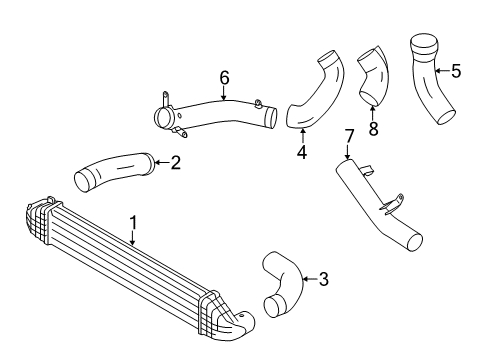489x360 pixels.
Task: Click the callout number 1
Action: [133, 222]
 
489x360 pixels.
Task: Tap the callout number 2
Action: [176, 162]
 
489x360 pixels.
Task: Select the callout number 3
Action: [323, 279]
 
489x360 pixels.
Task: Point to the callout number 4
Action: [302, 152]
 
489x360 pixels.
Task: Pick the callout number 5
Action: [456, 71]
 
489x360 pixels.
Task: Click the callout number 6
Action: [225, 78]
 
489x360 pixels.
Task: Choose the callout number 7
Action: [348, 136]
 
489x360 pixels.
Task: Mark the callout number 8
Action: [373, 128]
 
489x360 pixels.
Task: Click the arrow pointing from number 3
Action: [309, 279]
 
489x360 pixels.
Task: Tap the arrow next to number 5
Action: [442, 70]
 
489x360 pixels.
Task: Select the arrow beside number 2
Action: [163, 162]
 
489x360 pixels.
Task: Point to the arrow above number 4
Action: [302, 136]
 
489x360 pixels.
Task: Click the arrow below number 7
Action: [347, 151]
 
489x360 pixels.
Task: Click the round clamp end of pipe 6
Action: [162, 117]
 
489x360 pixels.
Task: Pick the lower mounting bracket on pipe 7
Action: [393, 204]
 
